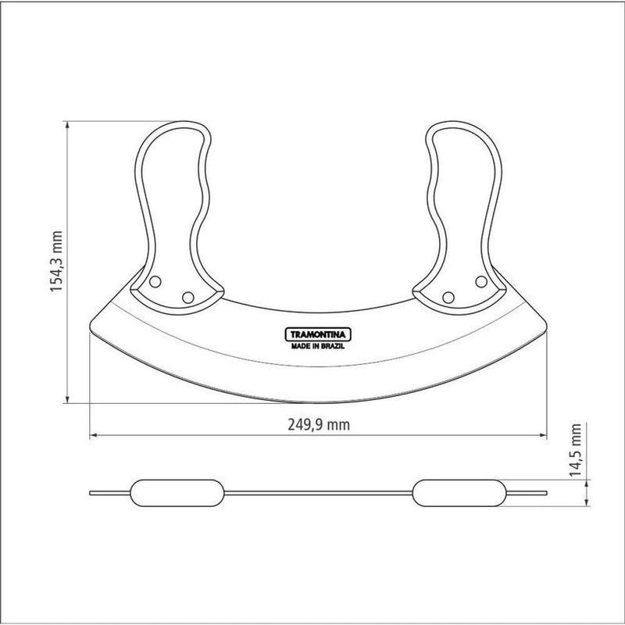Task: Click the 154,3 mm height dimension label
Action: (56, 262)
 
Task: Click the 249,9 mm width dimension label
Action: (319, 425)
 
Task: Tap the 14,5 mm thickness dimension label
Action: (575, 450)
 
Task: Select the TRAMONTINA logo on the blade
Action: (318, 334)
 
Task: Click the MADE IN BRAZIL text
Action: (318, 346)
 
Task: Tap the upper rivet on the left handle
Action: (155, 282)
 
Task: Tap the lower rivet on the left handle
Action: (187, 298)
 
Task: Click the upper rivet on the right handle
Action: (481, 282)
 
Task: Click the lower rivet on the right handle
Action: (448, 298)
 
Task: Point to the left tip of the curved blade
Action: (91, 327)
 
